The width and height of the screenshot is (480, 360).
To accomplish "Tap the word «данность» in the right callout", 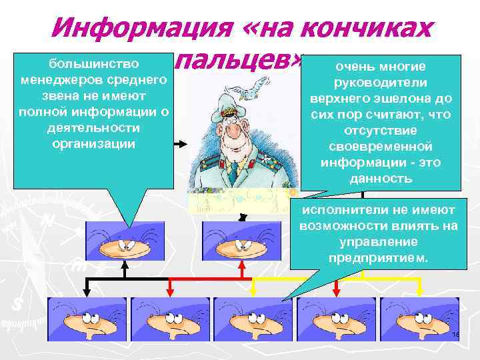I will pyautogui.click(x=381, y=179).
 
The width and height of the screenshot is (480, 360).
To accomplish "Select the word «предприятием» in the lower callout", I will pyautogui.click(x=378, y=257).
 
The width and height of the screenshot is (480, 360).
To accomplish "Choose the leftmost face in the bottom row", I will pyautogui.click(x=87, y=323).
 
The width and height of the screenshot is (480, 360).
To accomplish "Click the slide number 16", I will pyautogui.click(x=456, y=335).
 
